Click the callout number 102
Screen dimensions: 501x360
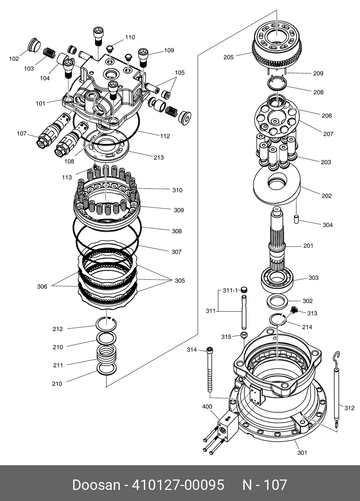(14, 59)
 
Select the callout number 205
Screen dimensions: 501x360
(229, 57)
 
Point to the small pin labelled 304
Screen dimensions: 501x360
(297, 219)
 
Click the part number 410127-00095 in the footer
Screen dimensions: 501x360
(178, 485)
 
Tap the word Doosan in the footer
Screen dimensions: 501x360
(96, 485)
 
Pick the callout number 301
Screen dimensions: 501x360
(302, 453)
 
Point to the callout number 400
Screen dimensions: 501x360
(207, 407)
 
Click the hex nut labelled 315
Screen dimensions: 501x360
(244, 336)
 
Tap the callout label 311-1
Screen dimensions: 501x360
(230, 291)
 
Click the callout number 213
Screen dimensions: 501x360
(158, 157)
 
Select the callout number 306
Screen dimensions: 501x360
(42, 287)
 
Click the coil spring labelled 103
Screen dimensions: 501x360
(49, 53)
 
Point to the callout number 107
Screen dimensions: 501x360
(21, 133)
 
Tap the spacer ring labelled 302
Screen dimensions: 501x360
(278, 300)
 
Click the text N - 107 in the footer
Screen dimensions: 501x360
(265, 485)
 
